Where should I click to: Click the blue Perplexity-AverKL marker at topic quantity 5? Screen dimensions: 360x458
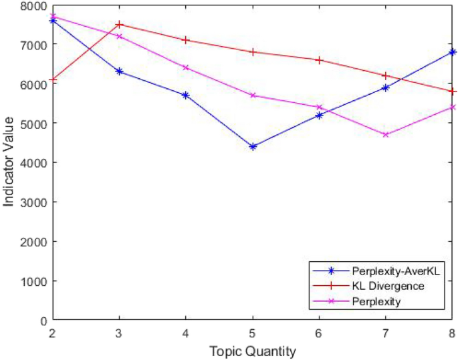tap(253, 146)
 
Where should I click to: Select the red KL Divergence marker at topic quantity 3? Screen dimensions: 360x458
tap(119, 24)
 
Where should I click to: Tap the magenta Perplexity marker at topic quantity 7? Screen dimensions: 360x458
tap(386, 134)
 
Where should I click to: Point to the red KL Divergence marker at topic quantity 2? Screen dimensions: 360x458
tap(53, 79)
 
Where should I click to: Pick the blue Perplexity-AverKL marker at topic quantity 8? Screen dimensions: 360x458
tap(452, 51)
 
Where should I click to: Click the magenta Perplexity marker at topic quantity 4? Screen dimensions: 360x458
tap(186, 67)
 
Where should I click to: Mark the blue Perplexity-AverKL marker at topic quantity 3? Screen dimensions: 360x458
tap(119, 71)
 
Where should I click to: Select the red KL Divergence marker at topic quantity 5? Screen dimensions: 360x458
tap(253, 51)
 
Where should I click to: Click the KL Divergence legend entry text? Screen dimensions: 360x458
tap(388, 286)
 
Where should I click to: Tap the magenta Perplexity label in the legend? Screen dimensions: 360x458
tap(376, 301)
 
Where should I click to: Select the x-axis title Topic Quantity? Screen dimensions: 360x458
tap(252, 351)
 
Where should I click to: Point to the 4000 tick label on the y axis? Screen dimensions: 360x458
tap(34, 162)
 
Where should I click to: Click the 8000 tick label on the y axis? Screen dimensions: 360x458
tap(34, 5)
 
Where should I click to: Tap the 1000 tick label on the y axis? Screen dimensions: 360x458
tap(34, 281)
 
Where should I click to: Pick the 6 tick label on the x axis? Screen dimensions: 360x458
tap(319, 332)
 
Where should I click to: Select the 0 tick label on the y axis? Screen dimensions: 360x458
tap(43, 320)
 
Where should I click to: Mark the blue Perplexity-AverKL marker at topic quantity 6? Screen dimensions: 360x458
tap(319, 115)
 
